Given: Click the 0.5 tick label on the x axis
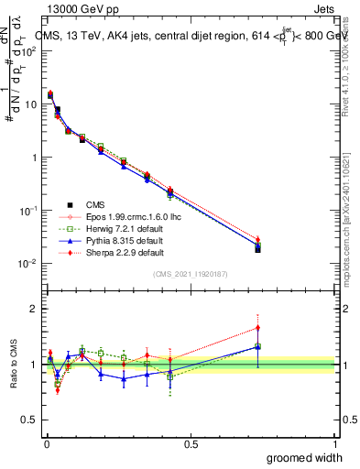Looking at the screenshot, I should pos(190,443).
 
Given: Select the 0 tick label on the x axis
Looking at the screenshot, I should pos(46,443).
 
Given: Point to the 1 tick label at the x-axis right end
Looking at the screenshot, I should pos(334,443).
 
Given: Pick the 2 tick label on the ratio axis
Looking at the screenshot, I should pos(34,310).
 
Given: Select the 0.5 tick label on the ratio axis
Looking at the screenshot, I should pos(30,419).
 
